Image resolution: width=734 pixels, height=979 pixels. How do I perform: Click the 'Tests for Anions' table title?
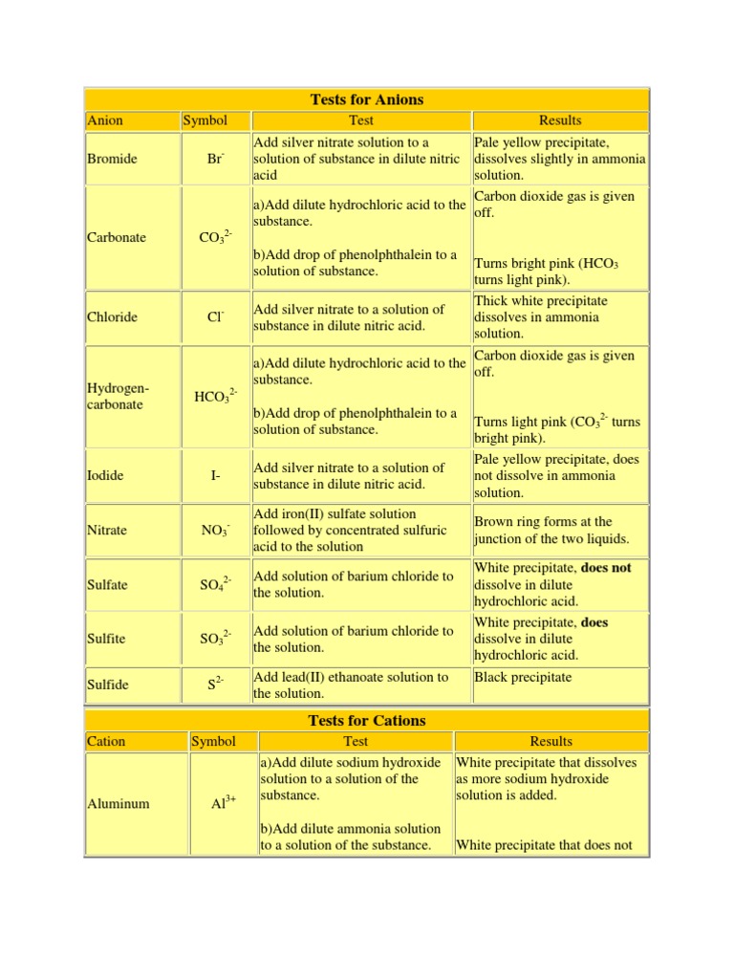coord(367,99)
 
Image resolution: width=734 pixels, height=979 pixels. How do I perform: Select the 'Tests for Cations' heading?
coord(367,720)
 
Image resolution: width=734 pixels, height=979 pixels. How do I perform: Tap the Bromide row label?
coord(112,159)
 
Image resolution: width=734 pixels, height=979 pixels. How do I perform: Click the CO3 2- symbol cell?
coord(215,238)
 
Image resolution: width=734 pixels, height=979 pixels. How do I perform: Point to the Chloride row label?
coord(112,317)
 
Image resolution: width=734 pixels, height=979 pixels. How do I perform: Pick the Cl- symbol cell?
coord(215,317)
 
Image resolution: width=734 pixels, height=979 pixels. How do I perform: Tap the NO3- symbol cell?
coord(215,531)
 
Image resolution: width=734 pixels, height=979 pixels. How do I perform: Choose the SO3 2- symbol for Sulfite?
coord(215,639)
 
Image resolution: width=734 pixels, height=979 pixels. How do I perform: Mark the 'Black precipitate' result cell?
coord(523,677)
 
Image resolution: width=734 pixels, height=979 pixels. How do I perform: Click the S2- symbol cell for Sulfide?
coord(215,685)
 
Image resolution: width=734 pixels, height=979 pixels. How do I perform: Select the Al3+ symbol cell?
coord(224,804)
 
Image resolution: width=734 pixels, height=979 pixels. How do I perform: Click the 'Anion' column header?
coord(105,120)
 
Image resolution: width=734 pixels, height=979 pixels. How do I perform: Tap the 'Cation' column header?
coord(106,741)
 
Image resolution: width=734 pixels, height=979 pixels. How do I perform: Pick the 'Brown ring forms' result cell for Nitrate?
coord(543,531)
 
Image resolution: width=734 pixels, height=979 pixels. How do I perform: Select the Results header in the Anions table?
coord(560,120)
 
